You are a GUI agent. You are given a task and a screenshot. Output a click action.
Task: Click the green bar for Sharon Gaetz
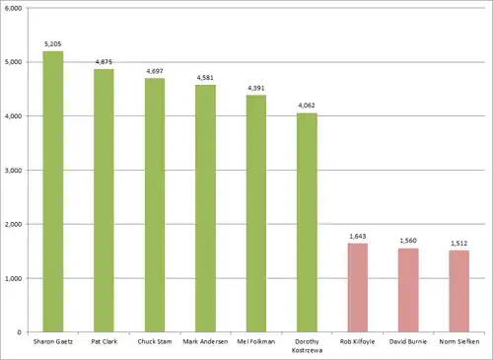(x=53, y=191)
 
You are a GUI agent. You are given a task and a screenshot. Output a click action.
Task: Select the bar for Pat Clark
(x=104, y=200)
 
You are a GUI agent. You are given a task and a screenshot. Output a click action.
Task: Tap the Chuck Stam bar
(x=155, y=205)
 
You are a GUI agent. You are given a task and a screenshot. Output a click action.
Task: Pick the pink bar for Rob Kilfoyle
(x=358, y=288)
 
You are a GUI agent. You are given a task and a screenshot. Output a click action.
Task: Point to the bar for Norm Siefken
(x=459, y=291)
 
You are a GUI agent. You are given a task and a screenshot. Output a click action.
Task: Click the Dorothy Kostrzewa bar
(x=307, y=223)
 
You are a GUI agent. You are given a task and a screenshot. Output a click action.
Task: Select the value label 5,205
(x=53, y=44)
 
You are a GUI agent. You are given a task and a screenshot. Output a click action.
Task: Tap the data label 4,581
(x=205, y=78)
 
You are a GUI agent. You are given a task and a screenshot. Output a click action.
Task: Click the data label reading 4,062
(x=307, y=106)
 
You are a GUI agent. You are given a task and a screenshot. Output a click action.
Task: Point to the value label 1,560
(x=408, y=241)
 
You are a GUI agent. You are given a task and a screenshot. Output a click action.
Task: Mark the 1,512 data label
(x=459, y=244)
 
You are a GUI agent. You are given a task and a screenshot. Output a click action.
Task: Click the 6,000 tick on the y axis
(x=14, y=8)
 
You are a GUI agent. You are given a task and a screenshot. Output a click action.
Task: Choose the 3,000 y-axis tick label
(x=14, y=171)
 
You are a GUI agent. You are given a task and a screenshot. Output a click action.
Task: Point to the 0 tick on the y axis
(x=19, y=332)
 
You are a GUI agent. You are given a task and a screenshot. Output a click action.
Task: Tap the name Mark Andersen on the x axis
(x=205, y=341)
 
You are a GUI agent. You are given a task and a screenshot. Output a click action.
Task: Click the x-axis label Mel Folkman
(x=256, y=341)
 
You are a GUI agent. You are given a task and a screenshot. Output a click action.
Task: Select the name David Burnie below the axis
(x=408, y=341)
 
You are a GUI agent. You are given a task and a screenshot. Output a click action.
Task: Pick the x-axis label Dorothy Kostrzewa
(x=307, y=346)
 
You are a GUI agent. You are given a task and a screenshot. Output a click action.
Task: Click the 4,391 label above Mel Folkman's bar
(x=256, y=88)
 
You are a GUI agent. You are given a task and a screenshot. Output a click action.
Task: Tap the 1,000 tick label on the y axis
(x=14, y=278)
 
